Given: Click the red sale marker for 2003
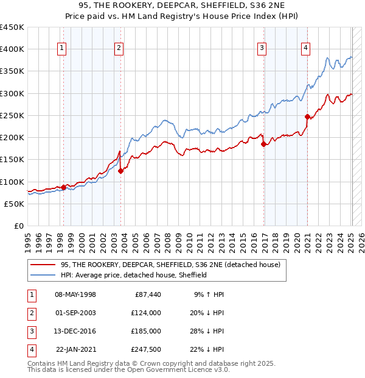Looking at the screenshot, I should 120,171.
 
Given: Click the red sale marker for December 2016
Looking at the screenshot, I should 263,144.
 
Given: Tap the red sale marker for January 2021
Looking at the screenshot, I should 308,116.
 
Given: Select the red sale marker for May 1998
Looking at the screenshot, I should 63,187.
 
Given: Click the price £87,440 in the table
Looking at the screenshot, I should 146,294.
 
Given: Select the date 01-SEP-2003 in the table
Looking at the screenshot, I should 75,313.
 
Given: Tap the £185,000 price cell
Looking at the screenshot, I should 146,331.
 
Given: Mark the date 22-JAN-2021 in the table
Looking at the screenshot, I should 75,349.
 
